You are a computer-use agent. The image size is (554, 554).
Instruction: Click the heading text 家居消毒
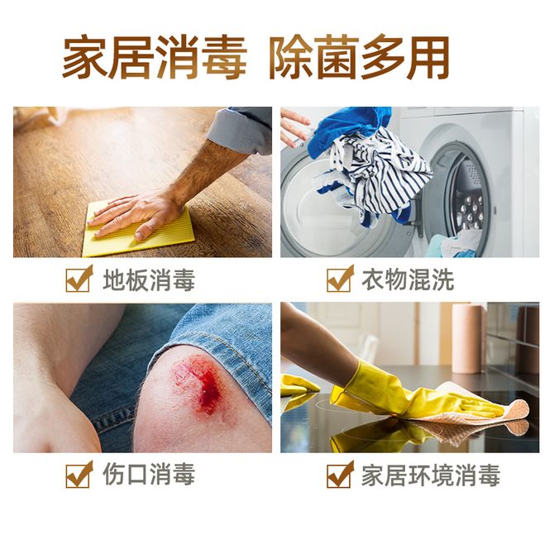pos(154,57)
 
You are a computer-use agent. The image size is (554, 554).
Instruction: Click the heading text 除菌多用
pos(360,57)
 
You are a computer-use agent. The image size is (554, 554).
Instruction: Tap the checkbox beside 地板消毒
pos(79,279)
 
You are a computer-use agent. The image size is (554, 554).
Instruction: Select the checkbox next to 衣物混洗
pos(340,279)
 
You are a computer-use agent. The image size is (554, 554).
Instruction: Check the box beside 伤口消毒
pos(79,475)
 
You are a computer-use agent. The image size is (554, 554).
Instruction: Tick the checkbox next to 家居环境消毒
pos(340,475)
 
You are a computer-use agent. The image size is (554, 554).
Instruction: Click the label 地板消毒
pos(149,279)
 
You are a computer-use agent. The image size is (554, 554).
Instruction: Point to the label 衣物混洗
pos(408,279)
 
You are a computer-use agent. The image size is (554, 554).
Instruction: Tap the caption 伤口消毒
pos(149,475)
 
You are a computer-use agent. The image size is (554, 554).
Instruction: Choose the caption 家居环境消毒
pos(431,475)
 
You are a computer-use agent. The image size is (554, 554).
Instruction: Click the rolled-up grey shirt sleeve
pos(241,130)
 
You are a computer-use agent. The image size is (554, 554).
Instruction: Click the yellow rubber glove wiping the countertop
pos(406,392)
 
